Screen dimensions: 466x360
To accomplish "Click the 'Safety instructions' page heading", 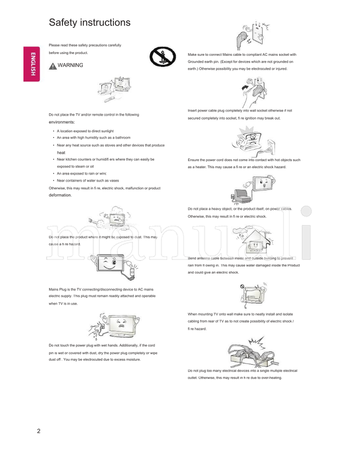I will coord(90,22).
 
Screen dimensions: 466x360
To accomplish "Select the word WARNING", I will coord(70,65).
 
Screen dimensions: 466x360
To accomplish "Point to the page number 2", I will coord(39,431).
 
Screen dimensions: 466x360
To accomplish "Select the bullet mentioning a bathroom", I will coord(94,138).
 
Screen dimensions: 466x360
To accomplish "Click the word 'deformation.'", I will coord(60,195).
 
